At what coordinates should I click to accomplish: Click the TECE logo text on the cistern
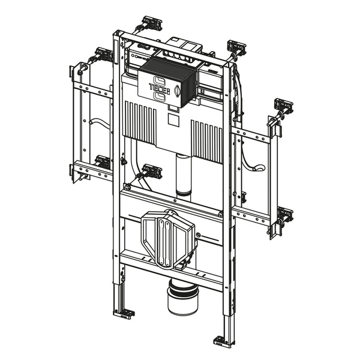(x=160, y=88)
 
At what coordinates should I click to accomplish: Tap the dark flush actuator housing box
(x=168, y=82)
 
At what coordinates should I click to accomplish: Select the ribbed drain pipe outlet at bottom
(x=183, y=296)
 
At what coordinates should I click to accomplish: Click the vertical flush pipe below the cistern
(x=183, y=175)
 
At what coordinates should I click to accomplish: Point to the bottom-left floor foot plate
(x=124, y=313)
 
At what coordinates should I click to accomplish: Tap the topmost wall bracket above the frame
(x=152, y=23)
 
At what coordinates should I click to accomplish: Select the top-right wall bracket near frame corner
(x=236, y=47)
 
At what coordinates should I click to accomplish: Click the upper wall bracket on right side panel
(x=284, y=106)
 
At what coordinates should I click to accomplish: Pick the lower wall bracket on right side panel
(x=285, y=214)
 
